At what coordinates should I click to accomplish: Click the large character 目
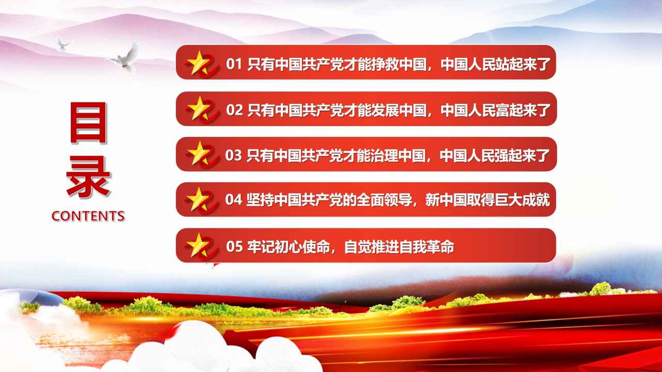click(88, 122)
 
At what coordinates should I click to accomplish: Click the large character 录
click(88, 177)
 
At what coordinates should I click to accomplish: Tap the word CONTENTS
click(88, 216)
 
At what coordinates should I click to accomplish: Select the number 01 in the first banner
click(234, 64)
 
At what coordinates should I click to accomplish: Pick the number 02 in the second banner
click(234, 110)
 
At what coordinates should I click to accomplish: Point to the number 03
click(233, 156)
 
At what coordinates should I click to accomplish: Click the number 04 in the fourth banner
click(233, 199)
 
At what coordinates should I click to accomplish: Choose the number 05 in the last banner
click(234, 246)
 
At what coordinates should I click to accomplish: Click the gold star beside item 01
click(198, 63)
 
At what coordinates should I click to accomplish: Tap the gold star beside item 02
click(198, 108)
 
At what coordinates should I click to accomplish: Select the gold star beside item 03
click(198, 153)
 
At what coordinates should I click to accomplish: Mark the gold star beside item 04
click(198, 199)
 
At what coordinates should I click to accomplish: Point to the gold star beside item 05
click(198, 245)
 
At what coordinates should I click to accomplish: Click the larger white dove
click(126, 58)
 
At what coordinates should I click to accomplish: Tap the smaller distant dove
click(63, 44)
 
